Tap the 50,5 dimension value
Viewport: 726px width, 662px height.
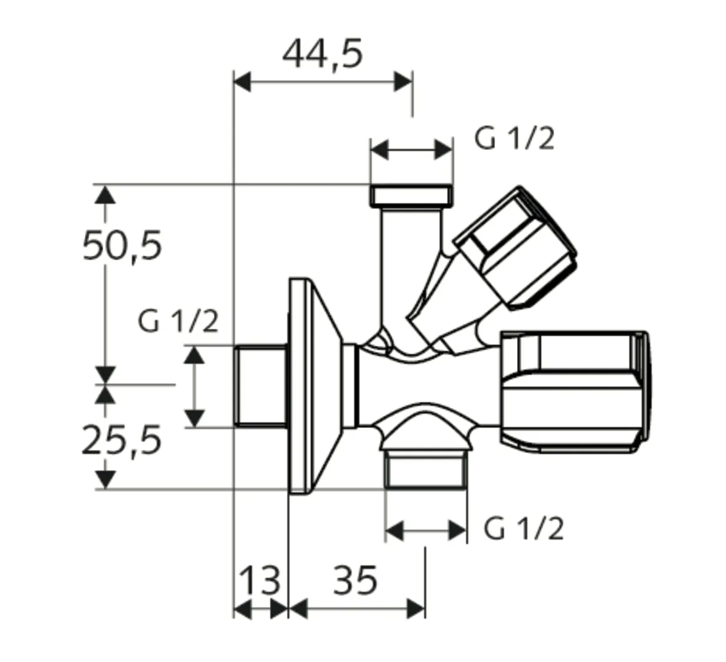click(122, 245)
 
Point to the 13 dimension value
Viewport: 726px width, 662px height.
click(260, 580)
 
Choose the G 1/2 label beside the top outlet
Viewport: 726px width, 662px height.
click(514, 140)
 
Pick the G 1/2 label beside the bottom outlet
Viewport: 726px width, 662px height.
click(523, 528)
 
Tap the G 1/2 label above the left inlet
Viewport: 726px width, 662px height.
click(178, 321)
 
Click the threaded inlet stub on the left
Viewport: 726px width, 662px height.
click(261, 385)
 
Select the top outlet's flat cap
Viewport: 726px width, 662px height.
click(412, 196)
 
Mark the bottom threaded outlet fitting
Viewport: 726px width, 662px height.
click(425, 470)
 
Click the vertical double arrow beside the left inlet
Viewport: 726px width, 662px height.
click(195, 386)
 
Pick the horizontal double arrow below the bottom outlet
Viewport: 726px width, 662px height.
click(426, 529)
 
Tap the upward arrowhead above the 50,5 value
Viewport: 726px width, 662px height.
click(106, 195)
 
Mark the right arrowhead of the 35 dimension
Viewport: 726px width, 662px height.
click(416, 609)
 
